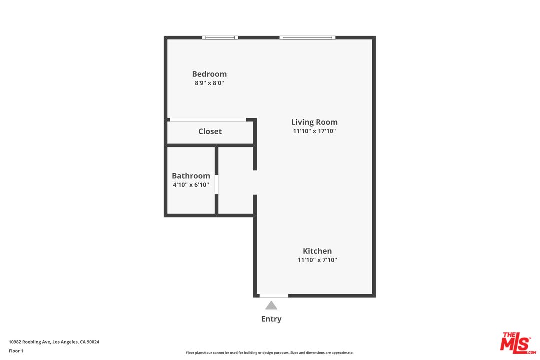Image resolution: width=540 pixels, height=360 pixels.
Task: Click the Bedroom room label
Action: [x=209, y=74]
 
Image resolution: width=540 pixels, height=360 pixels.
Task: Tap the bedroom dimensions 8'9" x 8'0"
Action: [x=209, y=83]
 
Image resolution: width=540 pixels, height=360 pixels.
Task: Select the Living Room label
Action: [x=314, y=122]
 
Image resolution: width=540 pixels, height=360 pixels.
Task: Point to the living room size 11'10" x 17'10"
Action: [x=314, y=131]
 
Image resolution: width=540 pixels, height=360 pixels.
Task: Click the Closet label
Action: [x=210, y=131]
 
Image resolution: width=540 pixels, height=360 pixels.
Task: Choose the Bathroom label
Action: [x=191, y=176]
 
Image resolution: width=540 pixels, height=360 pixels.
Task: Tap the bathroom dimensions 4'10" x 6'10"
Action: [x=191, y=185]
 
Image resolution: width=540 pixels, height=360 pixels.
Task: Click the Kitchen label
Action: [x=317, y=251]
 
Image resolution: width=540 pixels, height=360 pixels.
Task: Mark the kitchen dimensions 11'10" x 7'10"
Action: [x=317, y=260]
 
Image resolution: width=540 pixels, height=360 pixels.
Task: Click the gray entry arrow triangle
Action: [x=271, y=306]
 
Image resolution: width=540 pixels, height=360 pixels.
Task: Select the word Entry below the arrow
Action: [x=271, y=319]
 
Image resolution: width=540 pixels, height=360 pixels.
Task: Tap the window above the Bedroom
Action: [x=220, y=38]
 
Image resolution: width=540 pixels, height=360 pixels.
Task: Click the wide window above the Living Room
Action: [x=307, y=38]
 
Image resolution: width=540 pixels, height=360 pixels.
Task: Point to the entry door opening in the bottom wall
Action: [x=274, y=296]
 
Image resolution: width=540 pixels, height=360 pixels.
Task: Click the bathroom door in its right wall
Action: [x=216, y=184]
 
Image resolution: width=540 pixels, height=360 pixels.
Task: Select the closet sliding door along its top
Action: [x=208, y=120]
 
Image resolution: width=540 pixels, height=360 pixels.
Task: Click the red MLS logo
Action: [x=518, y=343]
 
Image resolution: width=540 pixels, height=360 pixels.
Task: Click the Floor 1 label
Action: [x=16, y=351]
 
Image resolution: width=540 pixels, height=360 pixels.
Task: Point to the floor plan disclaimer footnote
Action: [x=269, y=353]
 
